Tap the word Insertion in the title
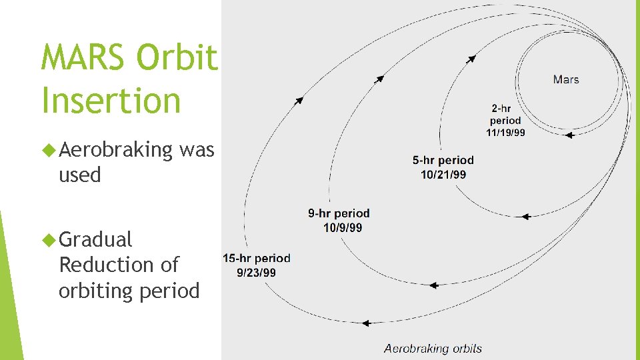pos(111,101)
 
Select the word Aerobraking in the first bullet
pos(116,150)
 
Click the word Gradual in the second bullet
pos(96,239)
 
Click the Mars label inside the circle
pos(566,79)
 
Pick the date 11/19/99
pos(505,132)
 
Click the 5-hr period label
pos(443,160)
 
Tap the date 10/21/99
pos(443,174)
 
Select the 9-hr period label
pos(339,214)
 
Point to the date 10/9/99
pos(343,227)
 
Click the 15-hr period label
pos(257,258)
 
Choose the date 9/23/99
pos(256,272)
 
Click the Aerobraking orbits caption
pos(433,348)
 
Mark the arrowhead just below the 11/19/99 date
pos(569,135)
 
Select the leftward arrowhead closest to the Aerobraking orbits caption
pos(366,323)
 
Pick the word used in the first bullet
pos(80,175)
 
